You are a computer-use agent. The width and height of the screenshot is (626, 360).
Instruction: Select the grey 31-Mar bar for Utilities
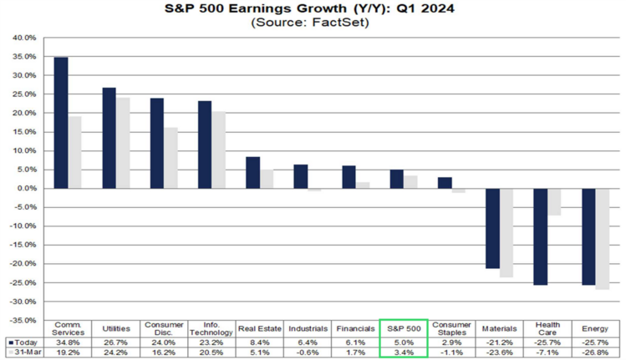(123, 143)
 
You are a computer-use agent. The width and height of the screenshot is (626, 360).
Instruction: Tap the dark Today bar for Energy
(588, 236)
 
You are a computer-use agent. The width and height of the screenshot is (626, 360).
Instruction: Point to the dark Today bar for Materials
(492, 228)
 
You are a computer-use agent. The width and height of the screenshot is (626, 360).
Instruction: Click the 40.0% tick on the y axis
(23, 38)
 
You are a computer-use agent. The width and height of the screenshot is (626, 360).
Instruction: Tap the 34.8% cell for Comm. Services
(69, 342)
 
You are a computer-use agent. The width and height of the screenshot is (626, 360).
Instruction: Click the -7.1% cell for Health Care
(547, 352)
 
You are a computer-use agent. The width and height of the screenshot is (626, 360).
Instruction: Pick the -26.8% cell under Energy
(595, 352)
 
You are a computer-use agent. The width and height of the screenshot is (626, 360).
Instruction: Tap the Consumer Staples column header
(452, 329)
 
